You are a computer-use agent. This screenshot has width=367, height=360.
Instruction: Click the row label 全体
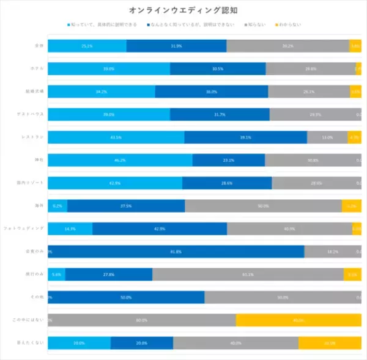(x=39, y=46)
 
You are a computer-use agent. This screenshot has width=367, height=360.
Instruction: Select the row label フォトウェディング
(x=24, y=228)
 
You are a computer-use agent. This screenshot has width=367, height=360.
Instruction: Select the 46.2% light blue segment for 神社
(x=120, y=160)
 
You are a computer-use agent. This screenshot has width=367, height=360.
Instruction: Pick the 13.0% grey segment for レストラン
(x=327, y=138)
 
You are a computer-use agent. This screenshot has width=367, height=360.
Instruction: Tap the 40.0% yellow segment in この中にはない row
(x=298, y=320)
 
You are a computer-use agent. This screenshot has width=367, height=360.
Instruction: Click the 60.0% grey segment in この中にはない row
(x=142, y=320)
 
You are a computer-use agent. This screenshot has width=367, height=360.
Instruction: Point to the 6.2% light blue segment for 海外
(x=57, y=206)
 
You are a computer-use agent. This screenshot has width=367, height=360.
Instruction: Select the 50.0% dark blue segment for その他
(x=126, y=297)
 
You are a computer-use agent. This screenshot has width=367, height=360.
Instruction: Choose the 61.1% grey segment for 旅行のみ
(x=248, y=274)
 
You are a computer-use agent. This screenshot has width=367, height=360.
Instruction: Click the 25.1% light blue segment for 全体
(x=87, y=46)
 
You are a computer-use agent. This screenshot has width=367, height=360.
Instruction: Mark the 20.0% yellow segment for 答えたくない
(x=330, y=343)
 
